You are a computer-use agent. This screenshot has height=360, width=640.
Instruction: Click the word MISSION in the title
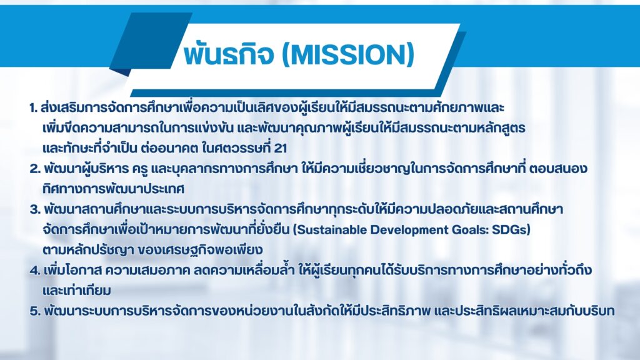pos(349,55)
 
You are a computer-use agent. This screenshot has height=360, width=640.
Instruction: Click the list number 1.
pos(33,107)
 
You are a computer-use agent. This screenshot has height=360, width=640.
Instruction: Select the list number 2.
pos(35,169)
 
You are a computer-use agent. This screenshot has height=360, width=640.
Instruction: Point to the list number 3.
pos(35,209)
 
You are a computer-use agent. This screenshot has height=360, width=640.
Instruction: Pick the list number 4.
pos(35,270)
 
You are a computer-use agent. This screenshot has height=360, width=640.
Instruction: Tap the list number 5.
pos(35,311)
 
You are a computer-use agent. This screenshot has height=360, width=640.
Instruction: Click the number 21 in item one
pos(281,148)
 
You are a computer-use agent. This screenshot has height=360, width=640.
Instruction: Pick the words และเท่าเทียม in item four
pos(77,291)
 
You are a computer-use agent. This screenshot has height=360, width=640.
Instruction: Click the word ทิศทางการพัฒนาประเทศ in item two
pos(113,189)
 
